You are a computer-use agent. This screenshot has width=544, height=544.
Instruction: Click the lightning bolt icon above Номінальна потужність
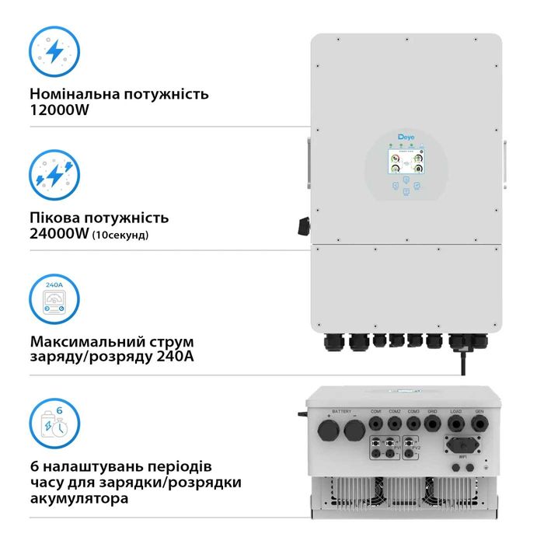point(54,51)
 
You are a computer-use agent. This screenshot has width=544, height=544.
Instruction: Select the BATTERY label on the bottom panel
point(341,411)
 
